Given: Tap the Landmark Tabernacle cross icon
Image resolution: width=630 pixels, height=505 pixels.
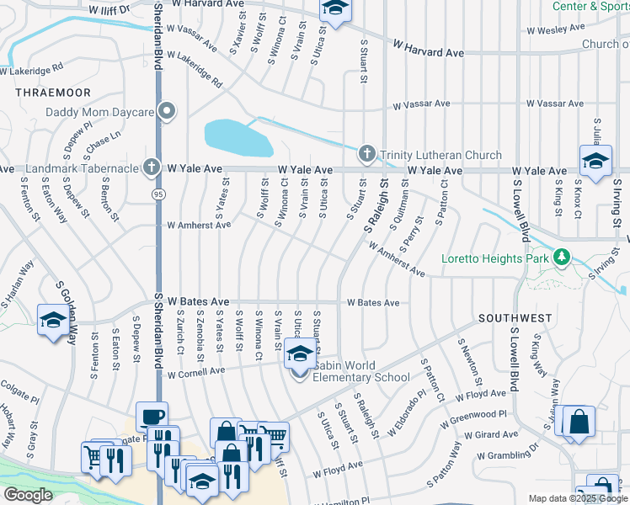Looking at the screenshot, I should coord(152,167).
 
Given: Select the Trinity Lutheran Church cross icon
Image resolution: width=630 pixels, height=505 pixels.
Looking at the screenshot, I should coord(366,154).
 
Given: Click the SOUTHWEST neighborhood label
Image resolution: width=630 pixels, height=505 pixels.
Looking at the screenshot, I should coord(515,319).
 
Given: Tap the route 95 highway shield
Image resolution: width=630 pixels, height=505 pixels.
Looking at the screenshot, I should coord(157,194).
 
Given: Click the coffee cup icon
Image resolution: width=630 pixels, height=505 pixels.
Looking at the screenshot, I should coord(152,416).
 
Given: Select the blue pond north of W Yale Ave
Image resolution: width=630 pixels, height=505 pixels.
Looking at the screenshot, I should coord(238,137).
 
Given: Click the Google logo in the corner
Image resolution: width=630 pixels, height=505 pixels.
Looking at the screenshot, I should coord(27,495).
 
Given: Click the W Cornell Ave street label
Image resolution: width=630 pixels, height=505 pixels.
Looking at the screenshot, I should coord(196,371).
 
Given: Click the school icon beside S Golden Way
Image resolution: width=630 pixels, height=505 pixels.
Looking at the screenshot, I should coord(53,321).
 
